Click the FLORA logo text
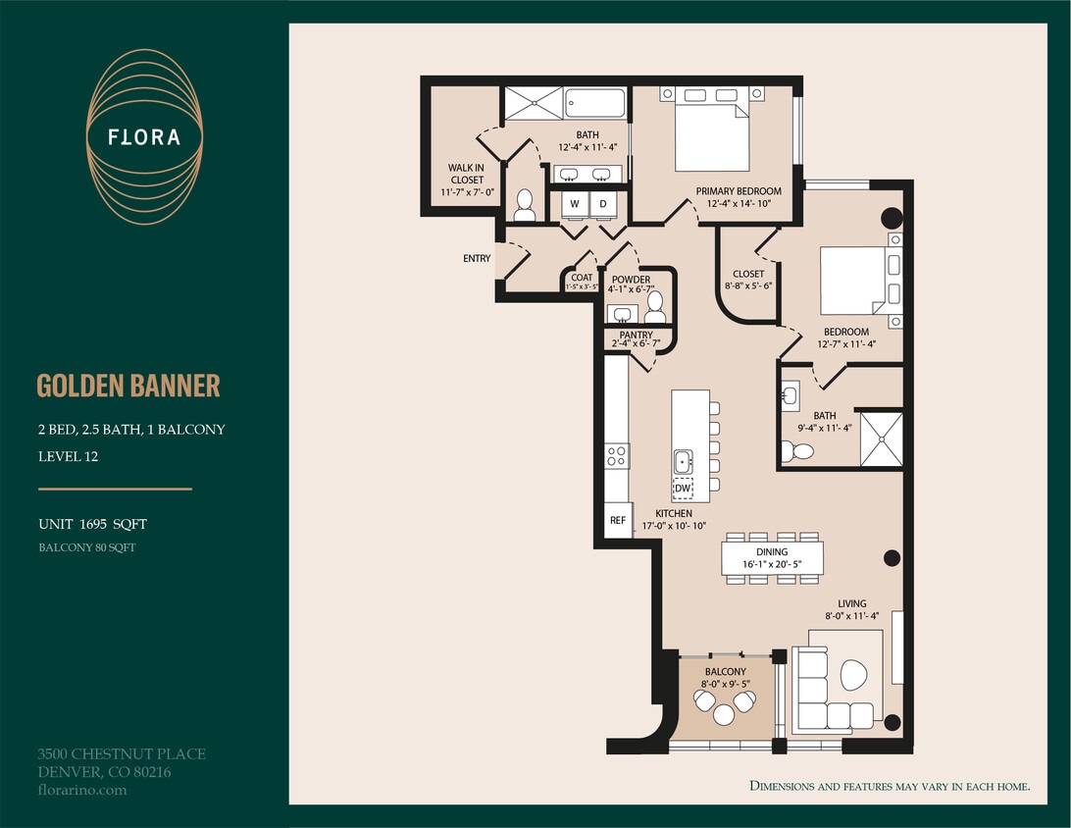click(x=144, y=137)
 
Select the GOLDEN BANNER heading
click(x=128, y=386)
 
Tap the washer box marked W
click(x=575, y=204)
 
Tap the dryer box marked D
click(x=603, y=204)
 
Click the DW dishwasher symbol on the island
click(x=683, y=488)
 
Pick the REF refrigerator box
click(x=618, y=521)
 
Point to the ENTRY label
click(x=477, y=259)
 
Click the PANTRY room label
click(x=636, y=335)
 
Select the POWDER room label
click(x=631, y=280)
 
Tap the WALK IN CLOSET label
click(x=466, y=174)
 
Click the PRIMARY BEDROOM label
click(x=739, y=191)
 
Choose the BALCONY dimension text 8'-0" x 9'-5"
click(x=724, y=684)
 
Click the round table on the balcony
click(x=724, y=715)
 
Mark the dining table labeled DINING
click(x=772, y=558)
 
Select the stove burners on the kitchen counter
click(x=617, y=456)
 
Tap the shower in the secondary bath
click(x=880, y=440)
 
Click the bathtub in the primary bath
click(x=595, y=103)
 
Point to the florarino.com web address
click(x=82, y=790)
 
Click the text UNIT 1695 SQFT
click(x=92, y=525)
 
